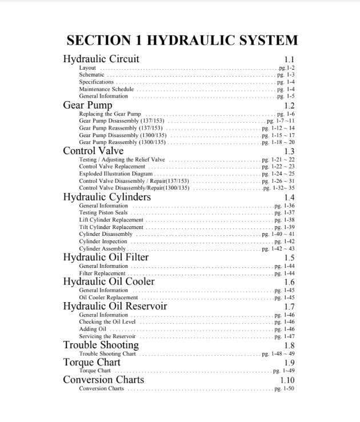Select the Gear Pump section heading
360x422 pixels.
click(x=87, y=105)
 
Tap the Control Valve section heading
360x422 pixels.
click(x=93, y=151)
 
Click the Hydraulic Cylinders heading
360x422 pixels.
click(x=107, y=197)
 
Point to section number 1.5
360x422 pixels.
click(x=289, y=258)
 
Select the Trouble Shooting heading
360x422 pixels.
click(x=101, y=345)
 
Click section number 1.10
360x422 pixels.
click(x=287, y=380)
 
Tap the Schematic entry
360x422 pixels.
click(x=91, y=75)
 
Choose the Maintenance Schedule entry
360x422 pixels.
click(x=106, y=89)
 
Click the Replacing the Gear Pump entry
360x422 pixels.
click(x=110, y=114)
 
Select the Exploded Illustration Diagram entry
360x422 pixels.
click(x=116, y=174)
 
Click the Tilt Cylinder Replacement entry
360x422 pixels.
click(x=111, y=227)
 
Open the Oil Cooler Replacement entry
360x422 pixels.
click(x=108, y=298)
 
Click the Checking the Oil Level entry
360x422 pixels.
click(x=107, y=322)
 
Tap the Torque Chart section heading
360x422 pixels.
click(x=91, y=363)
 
